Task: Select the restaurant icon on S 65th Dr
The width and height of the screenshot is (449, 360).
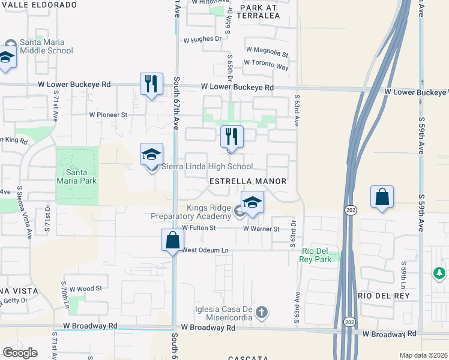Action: click(x=232, y=137)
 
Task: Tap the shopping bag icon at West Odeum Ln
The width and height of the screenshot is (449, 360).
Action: click(x=172, y=239)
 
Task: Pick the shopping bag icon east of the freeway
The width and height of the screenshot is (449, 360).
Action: click(x=382, y=197)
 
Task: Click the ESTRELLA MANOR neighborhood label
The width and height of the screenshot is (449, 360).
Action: click(x=247, y=181)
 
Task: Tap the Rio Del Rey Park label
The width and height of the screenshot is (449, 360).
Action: click(x=316, y=255)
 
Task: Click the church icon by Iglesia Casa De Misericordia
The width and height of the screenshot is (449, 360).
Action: click(x=261, y=312)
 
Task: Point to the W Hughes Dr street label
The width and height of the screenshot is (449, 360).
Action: click(x=202, y=39)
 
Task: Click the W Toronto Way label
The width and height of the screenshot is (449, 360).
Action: click(x=266, y=63)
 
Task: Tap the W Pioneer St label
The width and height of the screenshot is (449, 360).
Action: click(x=109, y=114)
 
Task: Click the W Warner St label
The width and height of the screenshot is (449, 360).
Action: click(x=261, y=229)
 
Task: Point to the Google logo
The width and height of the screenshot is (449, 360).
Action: click(x=20, y=352)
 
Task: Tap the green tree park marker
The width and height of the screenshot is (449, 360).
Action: click(x=439, y=274)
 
